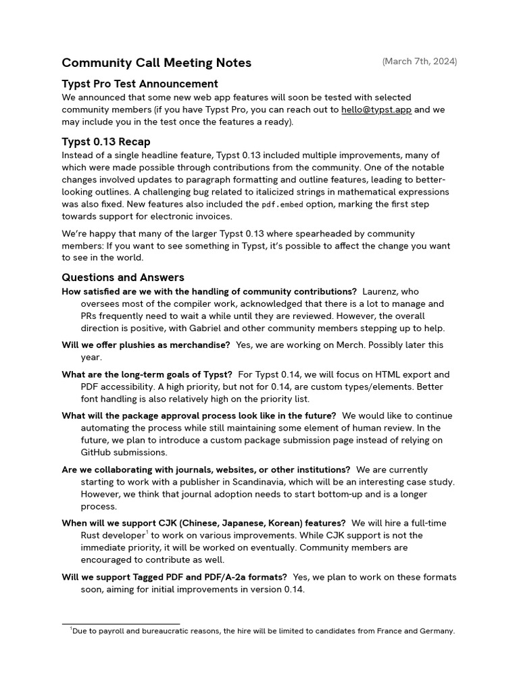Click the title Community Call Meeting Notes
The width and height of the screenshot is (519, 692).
[156, 63]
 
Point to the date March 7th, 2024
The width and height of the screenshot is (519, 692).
[419, 61]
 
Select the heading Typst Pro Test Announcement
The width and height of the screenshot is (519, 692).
[140, 84]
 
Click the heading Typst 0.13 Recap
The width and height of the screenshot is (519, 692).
[106, 142]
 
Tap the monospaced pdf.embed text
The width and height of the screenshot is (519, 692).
[283, 204]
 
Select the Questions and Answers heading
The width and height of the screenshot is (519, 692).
[123, 277]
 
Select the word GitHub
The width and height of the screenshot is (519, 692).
[98, 452]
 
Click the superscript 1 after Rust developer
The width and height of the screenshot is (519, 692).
[147, 533]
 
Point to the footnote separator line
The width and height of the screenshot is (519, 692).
[121, 624]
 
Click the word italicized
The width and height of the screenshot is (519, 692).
[320, 192]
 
